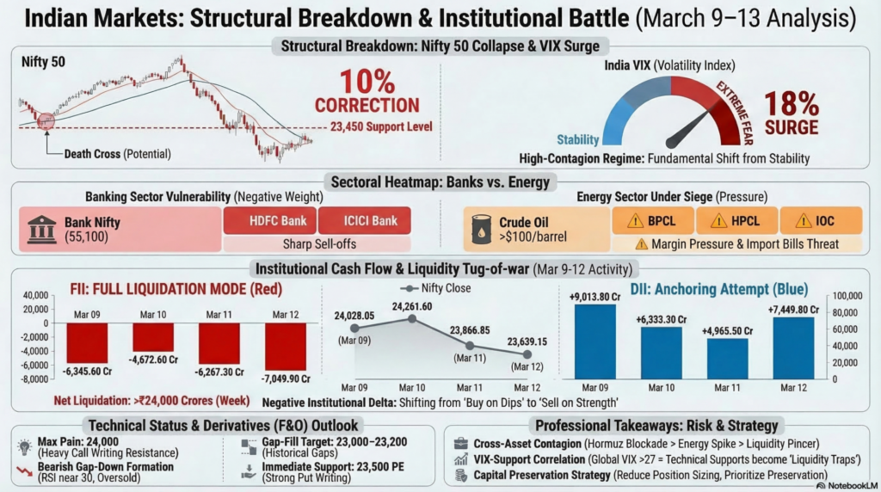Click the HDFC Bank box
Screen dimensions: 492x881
[270, 221]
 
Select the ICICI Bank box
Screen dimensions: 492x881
[364, 221]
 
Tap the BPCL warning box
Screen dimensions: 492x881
[652, 221]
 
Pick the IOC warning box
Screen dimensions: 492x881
[819, 221]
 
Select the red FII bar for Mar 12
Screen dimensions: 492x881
[286, 347]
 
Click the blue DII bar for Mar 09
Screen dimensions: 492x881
[596, 341]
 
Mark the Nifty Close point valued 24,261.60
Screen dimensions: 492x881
[411, 318]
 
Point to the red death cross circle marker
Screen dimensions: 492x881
[46, 120]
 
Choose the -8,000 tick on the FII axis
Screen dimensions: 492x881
[33, 378]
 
